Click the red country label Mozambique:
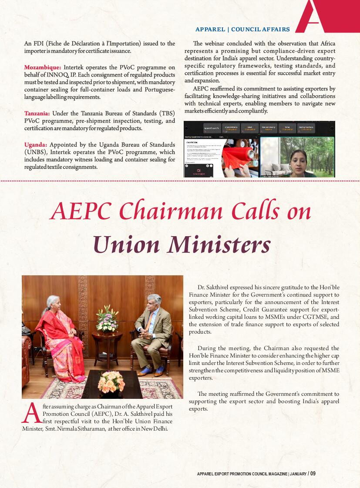click(43, 67)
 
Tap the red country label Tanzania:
click(37, 114)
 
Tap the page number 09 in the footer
click(313, 473)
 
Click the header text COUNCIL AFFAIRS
click(260, 30)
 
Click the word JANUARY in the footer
click(298, 474)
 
